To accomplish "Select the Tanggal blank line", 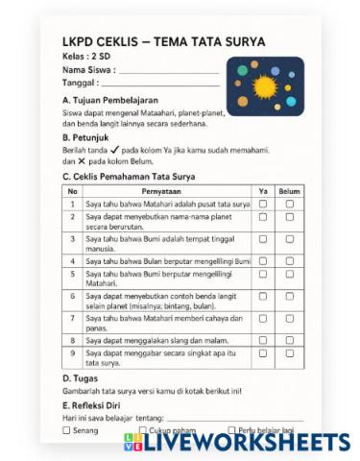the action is pyautogui.click(x=158, y=84).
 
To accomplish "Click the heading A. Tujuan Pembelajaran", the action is pyautogui.click(x=109, y=100).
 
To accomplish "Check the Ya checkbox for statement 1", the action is pyautogui.click(x=263, y=205).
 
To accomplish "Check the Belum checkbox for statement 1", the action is pyautogui.click(x=289, y=205).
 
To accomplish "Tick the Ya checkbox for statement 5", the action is pyautogui.click(x=263, y=274).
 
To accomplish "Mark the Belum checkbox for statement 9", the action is pyautogui.click(x=289, y=353).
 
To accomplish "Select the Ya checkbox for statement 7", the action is pyautogui.click(x=263, y=318).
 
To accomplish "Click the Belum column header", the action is pyautogui.click(x=289, y=191).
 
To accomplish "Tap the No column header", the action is pyautogui.click(x=72, y=191).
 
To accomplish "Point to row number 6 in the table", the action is pyautogui.click(x=72, y=296).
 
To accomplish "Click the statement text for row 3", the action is pyautogui.click(x=158, y=243).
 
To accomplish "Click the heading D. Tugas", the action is pyautogui.click(x=84, y=377).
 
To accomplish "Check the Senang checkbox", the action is pyautogui.click(x=66, y=431).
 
